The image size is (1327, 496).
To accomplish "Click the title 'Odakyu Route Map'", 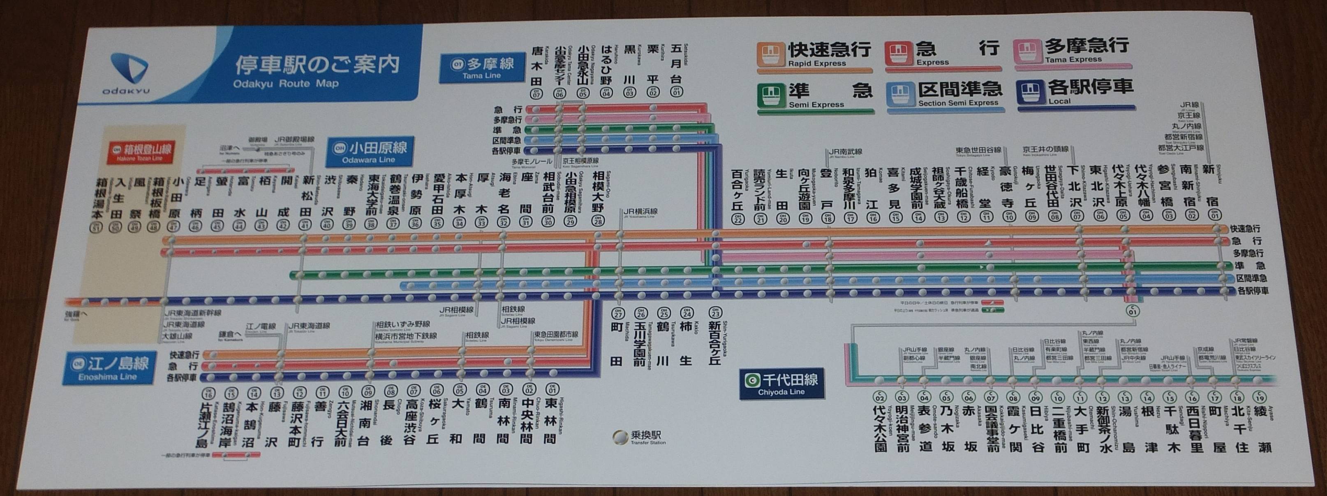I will point(285,84).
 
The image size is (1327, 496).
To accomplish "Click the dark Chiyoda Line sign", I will point(781,384).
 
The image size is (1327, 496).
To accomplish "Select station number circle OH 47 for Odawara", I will point(173,226).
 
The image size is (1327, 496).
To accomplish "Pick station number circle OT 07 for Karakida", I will point(537,94).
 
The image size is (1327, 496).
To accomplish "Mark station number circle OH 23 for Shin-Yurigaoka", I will point(714,312).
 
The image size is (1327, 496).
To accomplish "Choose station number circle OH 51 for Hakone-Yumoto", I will point(97,227).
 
